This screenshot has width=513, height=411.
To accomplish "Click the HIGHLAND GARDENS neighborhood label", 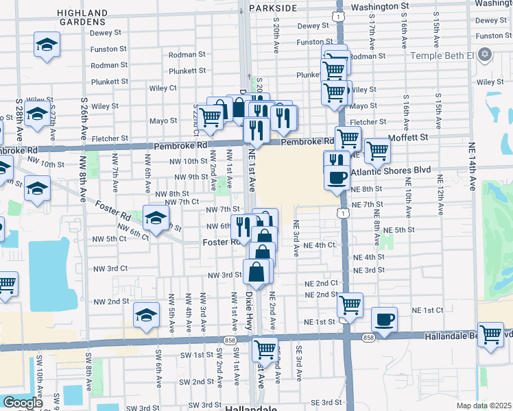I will (83, 18).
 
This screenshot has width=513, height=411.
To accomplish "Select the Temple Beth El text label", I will (449, 54).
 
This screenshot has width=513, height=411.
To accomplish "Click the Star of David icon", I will (486, 53).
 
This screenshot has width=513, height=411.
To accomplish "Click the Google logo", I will (23, 403).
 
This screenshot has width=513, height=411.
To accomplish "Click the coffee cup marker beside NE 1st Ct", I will (384, 319).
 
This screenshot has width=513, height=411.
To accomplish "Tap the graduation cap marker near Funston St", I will (47, 45).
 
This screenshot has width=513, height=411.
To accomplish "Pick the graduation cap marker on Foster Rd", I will (156, 218).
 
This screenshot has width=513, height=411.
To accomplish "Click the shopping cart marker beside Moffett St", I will (377, 150).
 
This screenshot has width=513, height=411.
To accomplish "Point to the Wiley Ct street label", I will (163, 88).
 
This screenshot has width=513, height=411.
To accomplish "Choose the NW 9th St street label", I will (191, 177).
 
